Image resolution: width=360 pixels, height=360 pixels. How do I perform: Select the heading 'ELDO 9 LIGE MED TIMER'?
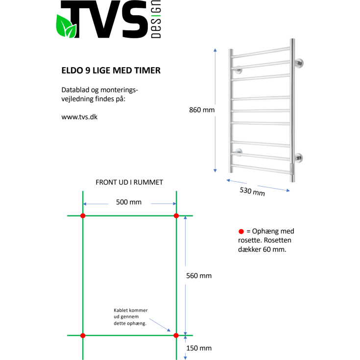(111, 71)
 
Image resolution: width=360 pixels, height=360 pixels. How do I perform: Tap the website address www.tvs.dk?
(80, 118)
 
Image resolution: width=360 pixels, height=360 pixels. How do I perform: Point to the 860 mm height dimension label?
(202, 110)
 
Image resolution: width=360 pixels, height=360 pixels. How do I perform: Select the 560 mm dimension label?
(199, 276)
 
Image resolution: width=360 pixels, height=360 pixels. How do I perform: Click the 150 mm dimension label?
(199, 348)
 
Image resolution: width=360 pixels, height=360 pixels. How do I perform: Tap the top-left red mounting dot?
(83, 216)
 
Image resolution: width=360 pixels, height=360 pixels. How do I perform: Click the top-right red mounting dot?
(176, 216)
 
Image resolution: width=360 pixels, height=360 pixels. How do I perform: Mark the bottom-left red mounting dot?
(83, 336)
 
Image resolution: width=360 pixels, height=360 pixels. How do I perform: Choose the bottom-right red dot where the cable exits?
(176, 336)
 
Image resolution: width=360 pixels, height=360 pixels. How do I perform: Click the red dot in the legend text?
(240, 231)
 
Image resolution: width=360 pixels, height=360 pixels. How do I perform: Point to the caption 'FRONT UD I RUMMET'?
(129, 182)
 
